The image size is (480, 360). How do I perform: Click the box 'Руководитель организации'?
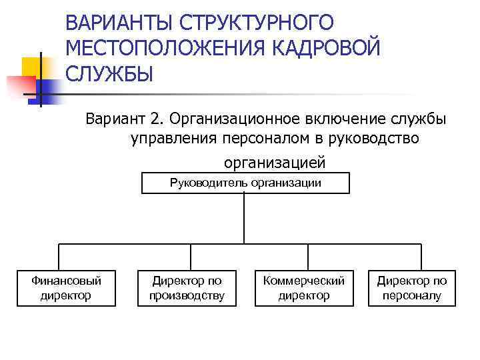point(245,183)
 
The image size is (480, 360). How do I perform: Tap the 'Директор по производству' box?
point(187,288)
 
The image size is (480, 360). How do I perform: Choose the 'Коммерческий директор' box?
point(304,288)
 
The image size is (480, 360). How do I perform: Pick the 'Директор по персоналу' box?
point(412,288)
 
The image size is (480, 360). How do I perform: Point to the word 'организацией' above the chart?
point(275,162)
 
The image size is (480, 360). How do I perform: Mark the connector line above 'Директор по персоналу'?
point(421,257)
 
